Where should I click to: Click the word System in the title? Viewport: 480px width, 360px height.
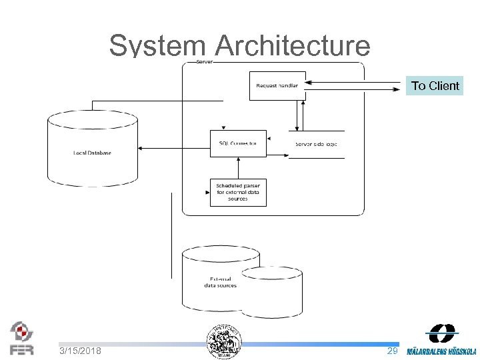pos(157,46)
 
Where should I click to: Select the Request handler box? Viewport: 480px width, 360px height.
pos(277,85)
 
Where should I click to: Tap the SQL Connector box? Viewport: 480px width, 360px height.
pos(238,143)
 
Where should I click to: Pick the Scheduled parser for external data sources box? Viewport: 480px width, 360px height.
pos(238,191)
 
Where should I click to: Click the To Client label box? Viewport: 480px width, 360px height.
pos(435,85)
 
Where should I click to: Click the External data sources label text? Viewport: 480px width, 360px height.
pos(220,282)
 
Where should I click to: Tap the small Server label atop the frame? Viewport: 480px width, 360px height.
pos(204,61)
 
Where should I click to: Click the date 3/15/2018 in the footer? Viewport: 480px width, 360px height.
pos(80,351)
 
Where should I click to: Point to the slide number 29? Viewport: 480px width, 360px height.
pos(393,351)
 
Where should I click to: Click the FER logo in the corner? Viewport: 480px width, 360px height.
pos(21,339)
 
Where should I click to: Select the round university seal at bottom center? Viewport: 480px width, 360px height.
pos(223,342)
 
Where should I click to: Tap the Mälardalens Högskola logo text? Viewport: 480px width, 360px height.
pos(441,351)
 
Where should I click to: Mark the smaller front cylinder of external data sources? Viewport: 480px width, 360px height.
pos(271,291)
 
